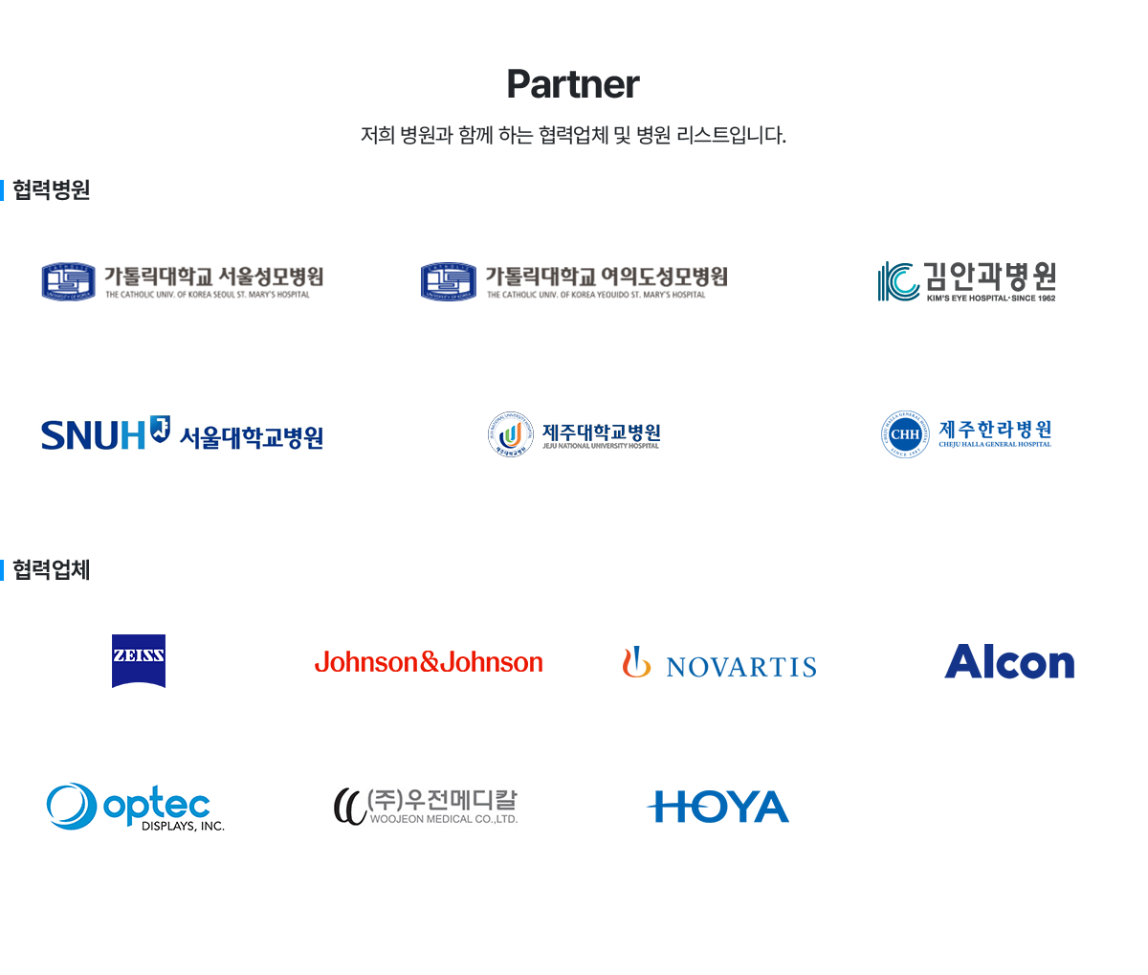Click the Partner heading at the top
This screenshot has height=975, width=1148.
pyautogui.click(x=574, y=84)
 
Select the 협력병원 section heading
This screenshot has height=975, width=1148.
pyautogui.click(x=51, y=189)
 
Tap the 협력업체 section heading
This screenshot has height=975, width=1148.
pyautogui.click(x=51, y=570)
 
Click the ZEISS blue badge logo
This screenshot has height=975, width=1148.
pyautogui.click(x=139, y=660)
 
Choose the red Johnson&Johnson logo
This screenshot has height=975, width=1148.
pyautogui.click(x=429, y=662)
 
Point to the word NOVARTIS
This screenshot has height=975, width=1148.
pyautogui.click(x=741, y=667)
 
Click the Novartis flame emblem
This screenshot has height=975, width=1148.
pyautogui.click(x=636, y=662)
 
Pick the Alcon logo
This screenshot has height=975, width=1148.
pyautogui.click(x=1009, y=662)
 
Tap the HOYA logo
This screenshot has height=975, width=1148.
pyautogui.click(x=718, y=807)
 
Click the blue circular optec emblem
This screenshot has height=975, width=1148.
pyautogui.click(x=72, y=807)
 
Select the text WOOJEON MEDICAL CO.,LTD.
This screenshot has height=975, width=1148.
pyautogui.click(x=444, y=819)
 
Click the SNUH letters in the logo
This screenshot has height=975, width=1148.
pyautogui.click(x=93, y=436)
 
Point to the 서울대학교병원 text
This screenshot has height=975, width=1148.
pyautogui.click(x=252, y=438)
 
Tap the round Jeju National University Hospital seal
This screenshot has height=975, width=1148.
pyautogui.click(x=511, y=434)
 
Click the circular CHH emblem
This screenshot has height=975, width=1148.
pyautogui.click(x=905, y=434)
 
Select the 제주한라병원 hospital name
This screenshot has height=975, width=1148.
pyautogui.click(x=995, y=430)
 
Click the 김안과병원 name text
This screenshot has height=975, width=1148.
pyautogui.click(x=990, y=277)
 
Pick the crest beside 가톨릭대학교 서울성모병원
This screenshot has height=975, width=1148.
pyautogui.click(x=69, y=281)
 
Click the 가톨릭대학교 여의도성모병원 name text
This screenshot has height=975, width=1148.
pyautogui.click(x=607, y=277)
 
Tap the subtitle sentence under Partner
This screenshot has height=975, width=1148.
pyautogui.click(x=574, y=135)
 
